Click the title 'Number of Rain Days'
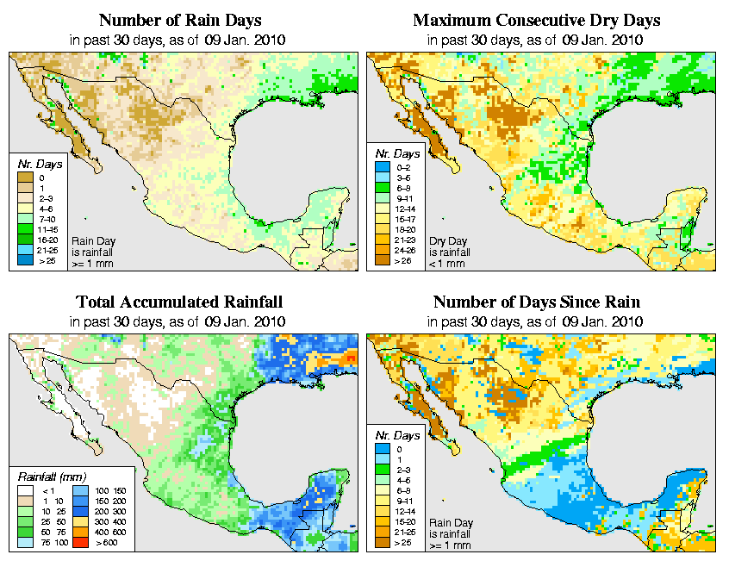(179, 20)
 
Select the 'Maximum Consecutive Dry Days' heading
(537, 20)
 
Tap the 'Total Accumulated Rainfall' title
(179, 302)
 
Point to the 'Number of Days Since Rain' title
(537, 302)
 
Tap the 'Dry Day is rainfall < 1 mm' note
(448, 252)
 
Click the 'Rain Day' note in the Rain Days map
(90, 241)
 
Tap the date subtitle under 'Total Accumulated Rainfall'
(179, 322)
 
